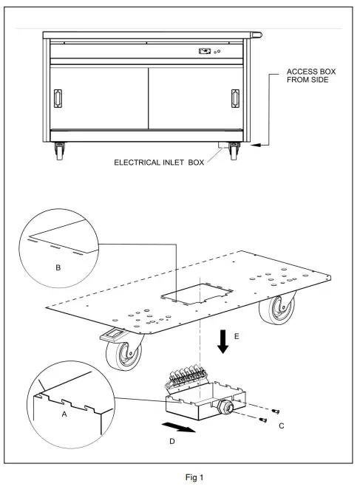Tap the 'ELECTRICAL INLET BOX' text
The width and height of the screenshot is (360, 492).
tap(157, 160)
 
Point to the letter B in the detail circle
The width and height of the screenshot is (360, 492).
tap(58, 265)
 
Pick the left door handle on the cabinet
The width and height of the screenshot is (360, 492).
tap(58, 98)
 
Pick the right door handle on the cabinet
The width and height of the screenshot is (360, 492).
tap(236, 98)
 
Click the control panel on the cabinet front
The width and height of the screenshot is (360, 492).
tap(207, 52)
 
